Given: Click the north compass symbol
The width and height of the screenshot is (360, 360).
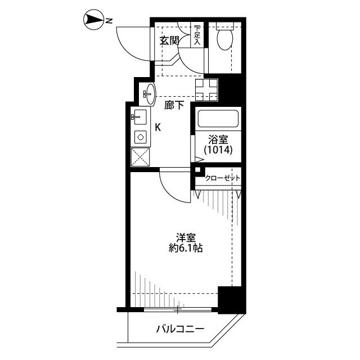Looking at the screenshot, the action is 93,19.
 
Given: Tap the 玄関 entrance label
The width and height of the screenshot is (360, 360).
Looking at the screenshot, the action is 169,41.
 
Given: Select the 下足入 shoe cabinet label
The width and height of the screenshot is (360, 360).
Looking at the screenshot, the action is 197,35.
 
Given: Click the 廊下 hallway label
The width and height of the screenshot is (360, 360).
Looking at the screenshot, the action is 174,105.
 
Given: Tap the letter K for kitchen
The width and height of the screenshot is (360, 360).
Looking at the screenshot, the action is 157,127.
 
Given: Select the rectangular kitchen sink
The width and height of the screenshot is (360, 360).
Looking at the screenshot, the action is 140,117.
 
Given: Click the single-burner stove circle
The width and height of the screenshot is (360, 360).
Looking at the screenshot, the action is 141,137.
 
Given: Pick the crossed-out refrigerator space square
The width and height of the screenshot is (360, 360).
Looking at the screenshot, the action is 140,157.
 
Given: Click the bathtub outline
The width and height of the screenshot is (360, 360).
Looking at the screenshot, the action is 218,119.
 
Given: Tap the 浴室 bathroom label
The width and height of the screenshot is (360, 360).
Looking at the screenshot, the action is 218,139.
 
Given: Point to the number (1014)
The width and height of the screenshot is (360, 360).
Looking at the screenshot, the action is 218,150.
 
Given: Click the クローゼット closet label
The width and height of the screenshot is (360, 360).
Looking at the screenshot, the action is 223,178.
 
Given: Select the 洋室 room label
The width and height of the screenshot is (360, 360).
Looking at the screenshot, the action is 186,238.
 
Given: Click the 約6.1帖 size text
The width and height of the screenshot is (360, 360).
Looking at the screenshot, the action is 186,248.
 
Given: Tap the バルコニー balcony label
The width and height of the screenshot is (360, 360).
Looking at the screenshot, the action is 180,329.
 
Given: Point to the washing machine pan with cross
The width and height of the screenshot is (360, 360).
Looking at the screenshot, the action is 206,90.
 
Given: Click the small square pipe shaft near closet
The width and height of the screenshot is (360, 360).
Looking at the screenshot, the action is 197,170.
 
